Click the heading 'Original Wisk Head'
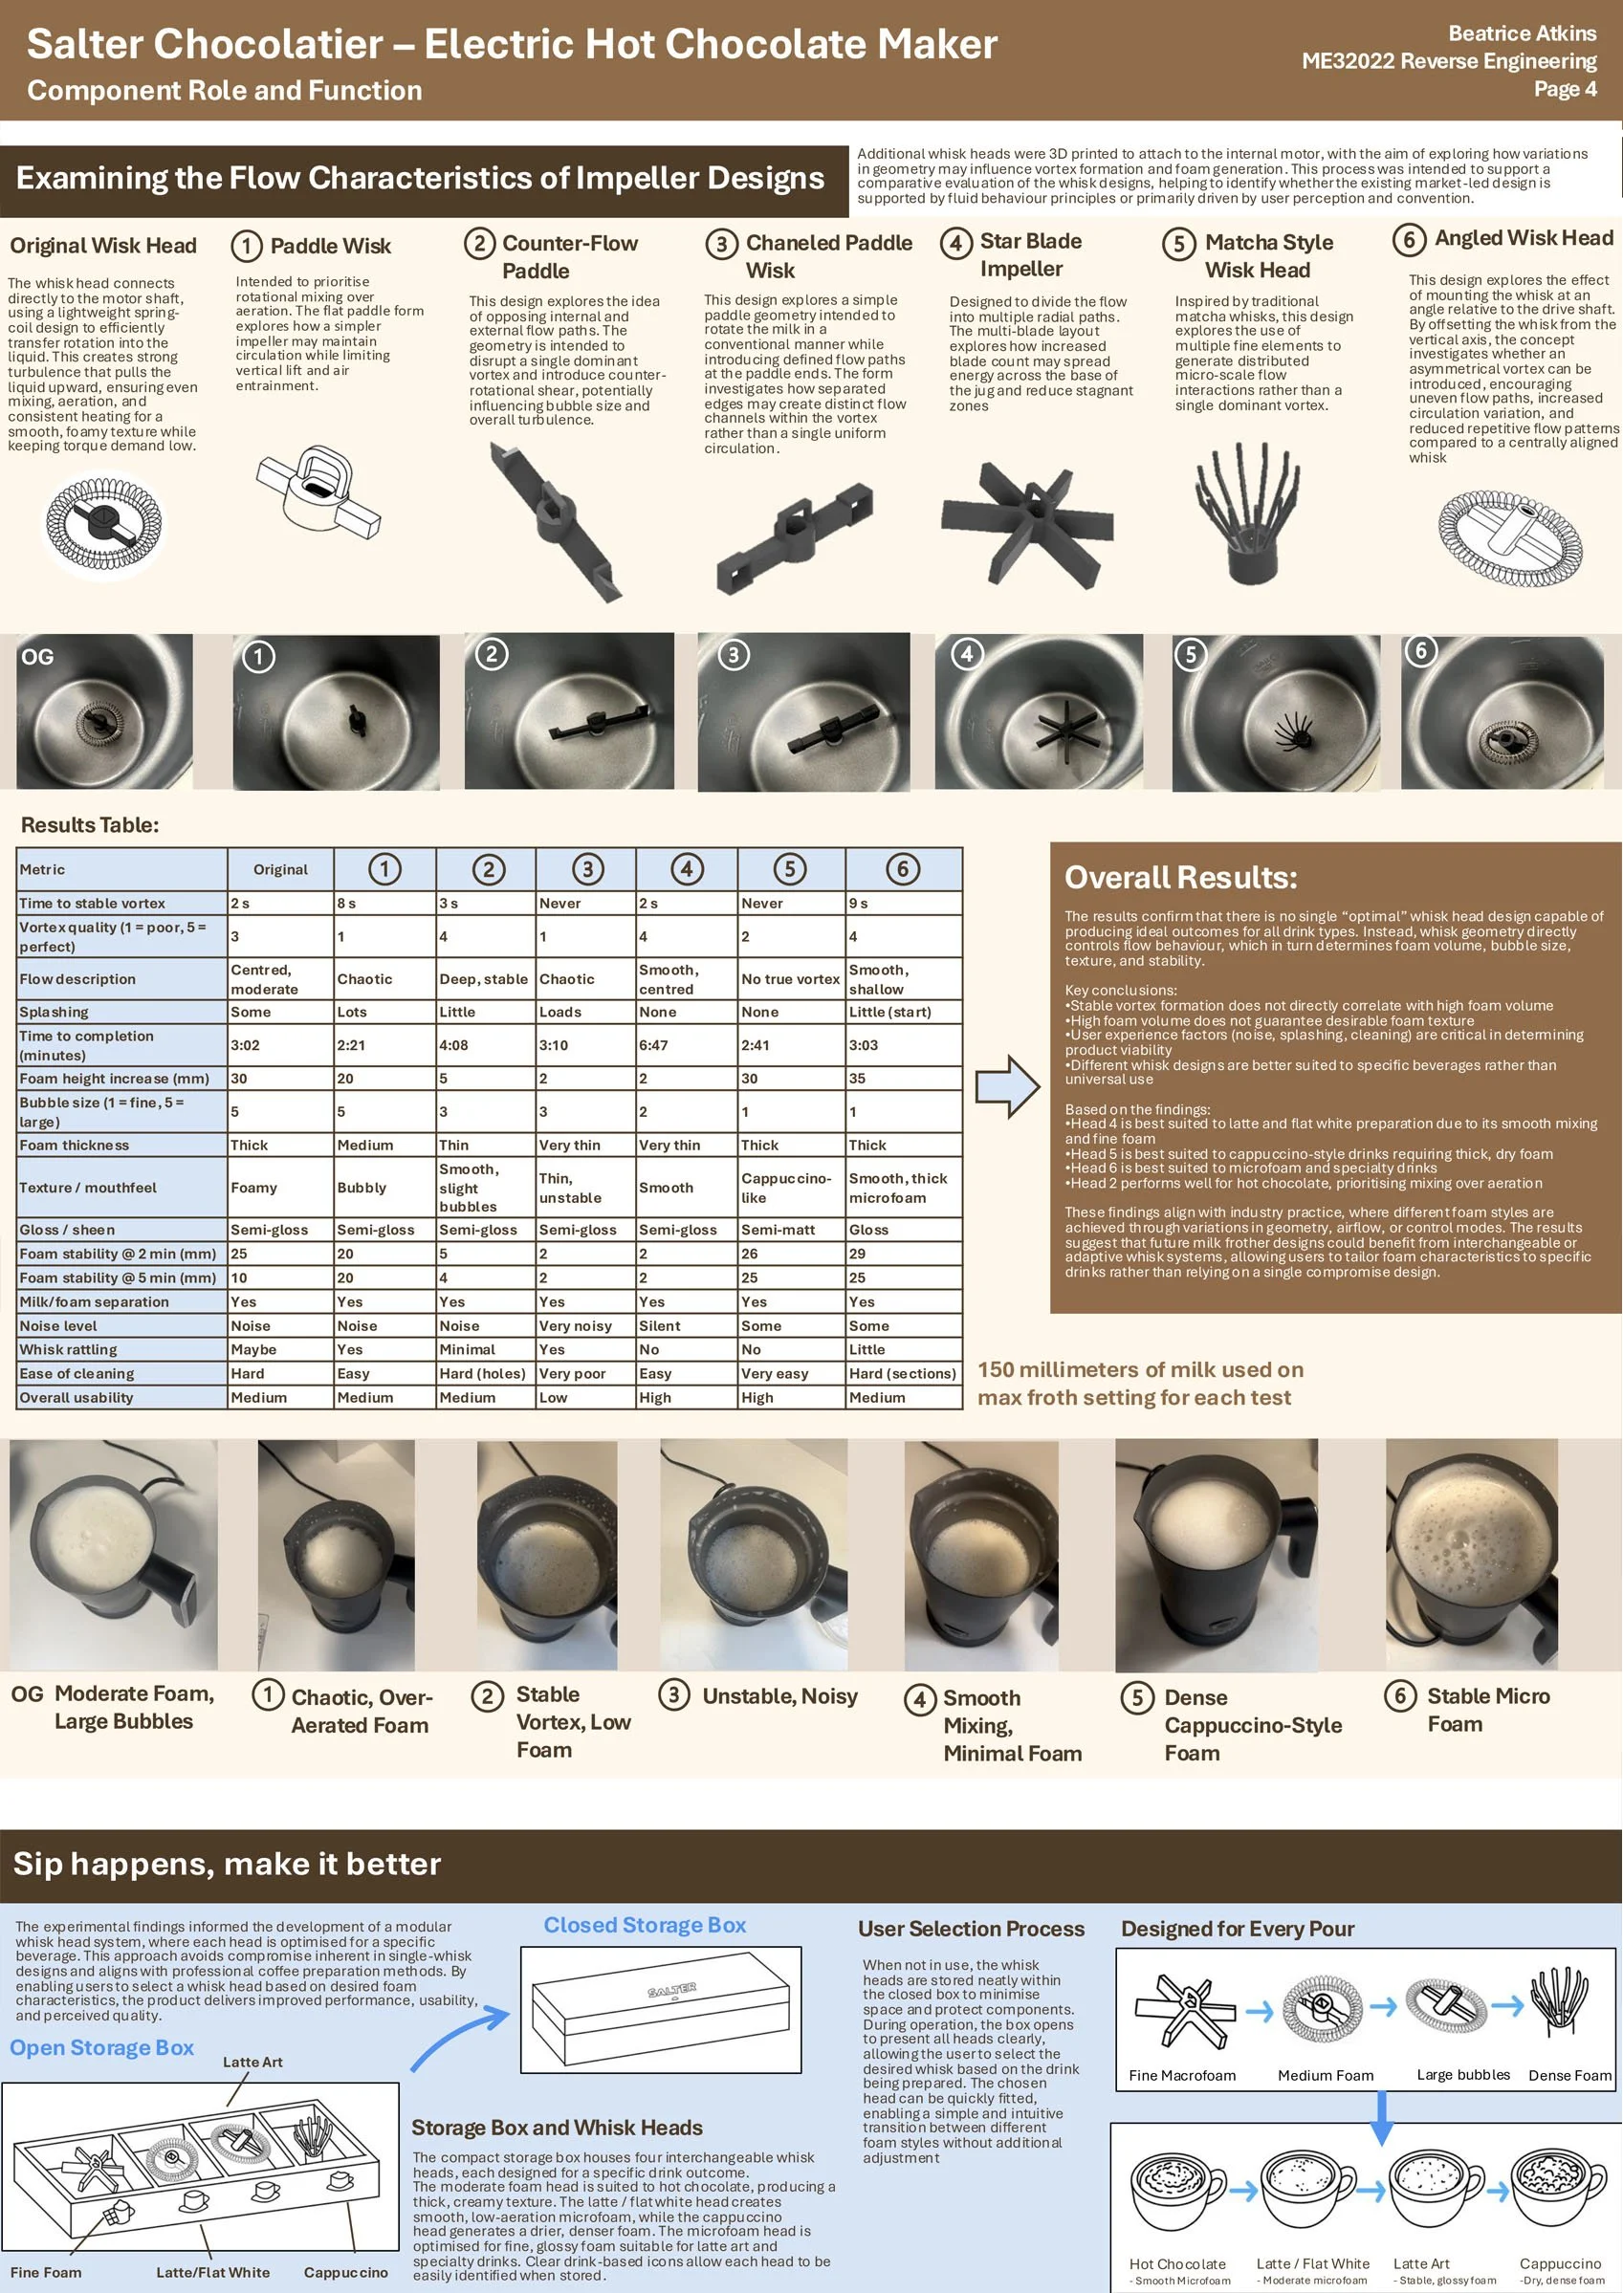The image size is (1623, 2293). point(103,246)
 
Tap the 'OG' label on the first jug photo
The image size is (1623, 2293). point(37,656)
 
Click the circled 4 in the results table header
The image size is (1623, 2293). point(687,869)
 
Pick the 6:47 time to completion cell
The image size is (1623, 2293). point(654,1045)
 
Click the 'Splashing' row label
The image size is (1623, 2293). point(54,1012)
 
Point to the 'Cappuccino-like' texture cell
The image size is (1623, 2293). point(786,1188)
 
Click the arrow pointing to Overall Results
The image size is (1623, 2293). point(1007,1086)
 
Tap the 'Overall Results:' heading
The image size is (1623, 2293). point(1180,877)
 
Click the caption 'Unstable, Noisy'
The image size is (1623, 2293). point(779,1695)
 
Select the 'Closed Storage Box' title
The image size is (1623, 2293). point(645,1925)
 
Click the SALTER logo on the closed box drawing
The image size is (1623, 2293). point(671,1990)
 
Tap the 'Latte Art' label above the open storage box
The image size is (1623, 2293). point(252,2062)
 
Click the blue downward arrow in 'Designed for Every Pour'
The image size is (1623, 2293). point(1381,2116)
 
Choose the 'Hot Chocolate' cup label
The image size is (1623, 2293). point(1177,2264)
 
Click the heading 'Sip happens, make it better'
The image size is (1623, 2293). point(227,1864)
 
